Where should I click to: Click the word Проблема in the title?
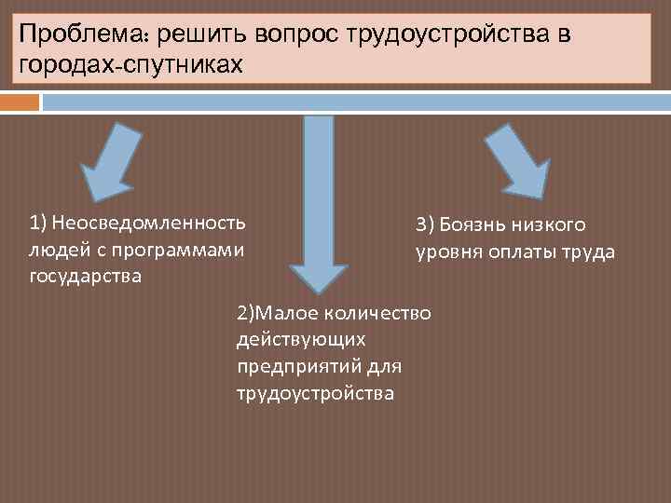[x=85, y=35]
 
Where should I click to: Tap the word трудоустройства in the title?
[x=452, y=35]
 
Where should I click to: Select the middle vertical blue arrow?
[x=318, y=205]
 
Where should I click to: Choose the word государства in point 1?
[x=86, y=276]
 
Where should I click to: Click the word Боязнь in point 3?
[x=471, y=224]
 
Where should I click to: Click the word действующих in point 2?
[x=301, y=339]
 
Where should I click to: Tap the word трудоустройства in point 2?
[x=316, y=393]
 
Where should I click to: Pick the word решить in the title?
[x=196, y=35]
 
